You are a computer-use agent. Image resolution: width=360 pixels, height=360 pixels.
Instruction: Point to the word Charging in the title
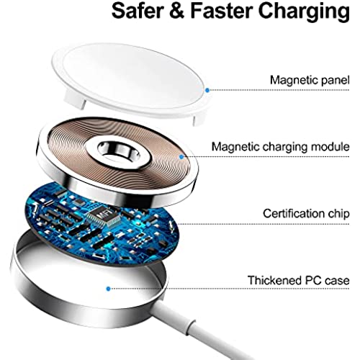click(304, 12)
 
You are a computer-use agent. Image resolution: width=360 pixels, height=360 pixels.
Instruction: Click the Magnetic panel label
click(310, 80)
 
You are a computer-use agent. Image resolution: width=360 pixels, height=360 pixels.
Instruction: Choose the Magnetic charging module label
click(280, 147)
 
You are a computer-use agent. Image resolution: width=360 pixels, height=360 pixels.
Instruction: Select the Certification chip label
click(306, 213)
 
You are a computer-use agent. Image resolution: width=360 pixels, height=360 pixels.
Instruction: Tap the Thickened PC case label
click(298, 280)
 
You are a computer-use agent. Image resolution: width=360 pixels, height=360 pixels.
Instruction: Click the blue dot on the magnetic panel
click(207, 90)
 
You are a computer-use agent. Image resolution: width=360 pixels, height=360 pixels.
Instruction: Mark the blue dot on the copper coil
click(181, 157)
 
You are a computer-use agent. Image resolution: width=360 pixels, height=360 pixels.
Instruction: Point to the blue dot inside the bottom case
click(108, 289)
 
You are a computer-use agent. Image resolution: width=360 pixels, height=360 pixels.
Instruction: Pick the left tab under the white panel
click(74, 99)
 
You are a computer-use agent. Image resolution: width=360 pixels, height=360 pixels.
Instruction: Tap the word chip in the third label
click(338, 213)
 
